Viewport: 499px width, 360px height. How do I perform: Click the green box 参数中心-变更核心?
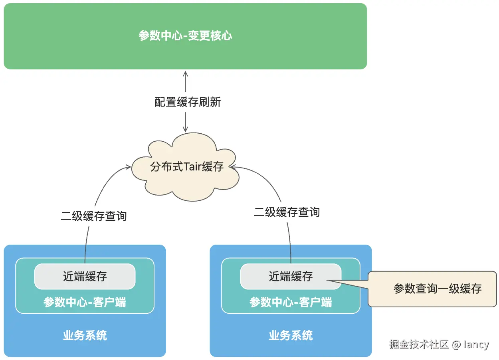click(x=185, y=36)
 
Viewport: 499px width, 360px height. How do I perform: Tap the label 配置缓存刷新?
click(x=188, y=102)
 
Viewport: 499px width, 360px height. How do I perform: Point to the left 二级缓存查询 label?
click(x=94, y=216)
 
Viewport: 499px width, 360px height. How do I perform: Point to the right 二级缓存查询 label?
click(x=287, y=212)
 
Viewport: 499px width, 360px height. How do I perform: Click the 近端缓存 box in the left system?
click(x=85, y=276)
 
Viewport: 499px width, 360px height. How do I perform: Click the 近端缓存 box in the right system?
click(x=291, y=276)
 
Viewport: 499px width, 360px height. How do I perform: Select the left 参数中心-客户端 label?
click(x=85, y=302)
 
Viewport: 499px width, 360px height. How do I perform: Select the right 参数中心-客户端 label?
click(x=291, y=302)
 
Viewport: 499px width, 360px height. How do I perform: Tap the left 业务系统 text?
click(x=85, y=335)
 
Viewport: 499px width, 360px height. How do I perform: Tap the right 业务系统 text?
click(x=291, y=335)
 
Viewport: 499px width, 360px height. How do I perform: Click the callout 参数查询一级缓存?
click(x=437, y=289)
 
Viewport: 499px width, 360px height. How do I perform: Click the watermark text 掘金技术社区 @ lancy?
click(x=439, y=344)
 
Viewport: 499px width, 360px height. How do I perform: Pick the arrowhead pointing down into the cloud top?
click(x=185, y=129)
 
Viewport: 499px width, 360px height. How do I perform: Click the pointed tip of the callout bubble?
click(x=326, y=280)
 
